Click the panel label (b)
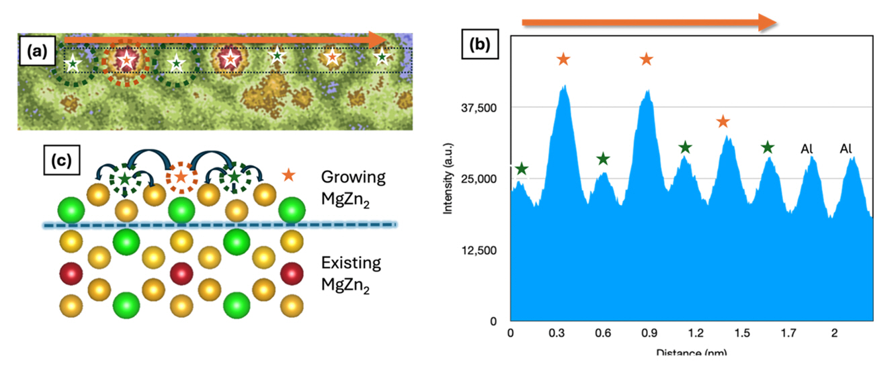tap(483, 48)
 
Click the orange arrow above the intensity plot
tap(649, 23)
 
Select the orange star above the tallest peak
tap(563, 59)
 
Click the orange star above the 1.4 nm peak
tap(723, 122)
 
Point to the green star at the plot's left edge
tap(521, 169)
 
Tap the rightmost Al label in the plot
tap(846, 148)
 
